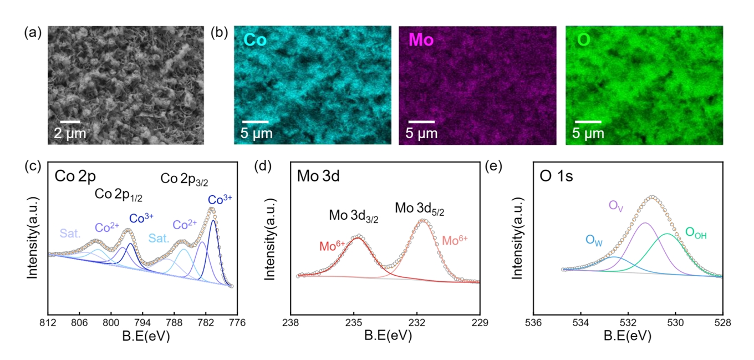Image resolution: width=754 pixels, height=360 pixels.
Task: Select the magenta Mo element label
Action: click(x=421, y=40)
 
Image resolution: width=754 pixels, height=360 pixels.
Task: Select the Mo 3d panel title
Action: click(x=318, y=177)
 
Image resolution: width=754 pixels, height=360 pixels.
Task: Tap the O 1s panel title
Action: click(x=556, y=177)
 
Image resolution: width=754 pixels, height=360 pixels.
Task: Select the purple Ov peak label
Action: click(x=616, y=206)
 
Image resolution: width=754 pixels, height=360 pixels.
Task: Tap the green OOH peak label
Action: click(x=696, y=233)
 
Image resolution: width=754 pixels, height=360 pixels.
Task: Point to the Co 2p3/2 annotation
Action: click(x=184, y=179)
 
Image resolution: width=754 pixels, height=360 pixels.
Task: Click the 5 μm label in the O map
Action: click(x=589, y=133)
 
